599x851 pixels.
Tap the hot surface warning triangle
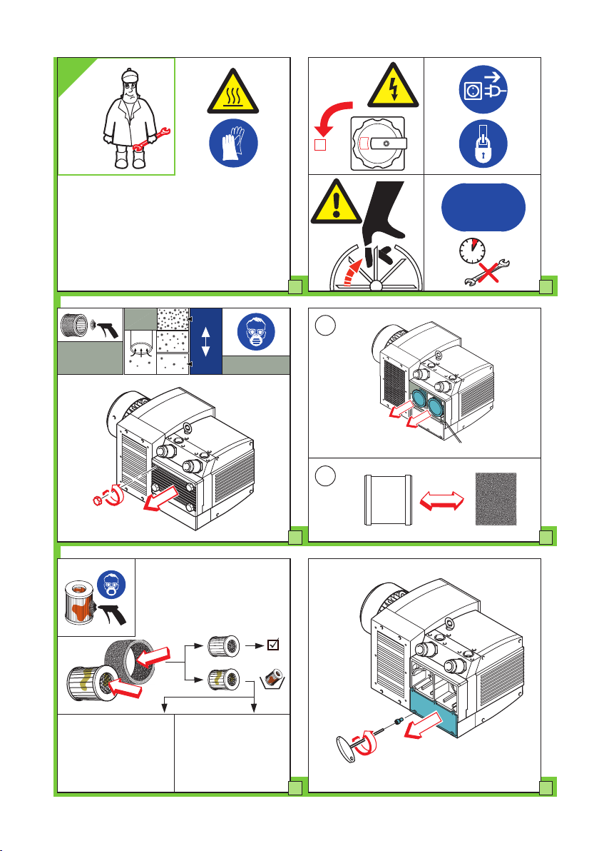[x=232, y=94]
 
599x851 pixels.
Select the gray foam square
[x=496, y=500]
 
